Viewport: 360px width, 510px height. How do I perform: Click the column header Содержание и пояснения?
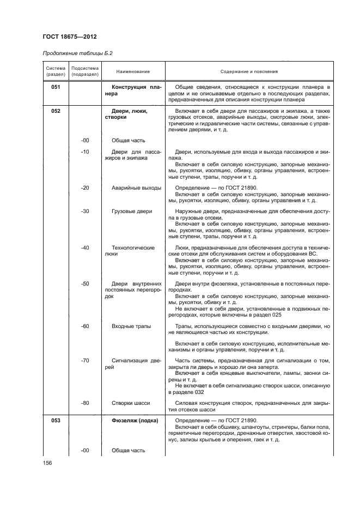coord(249,71)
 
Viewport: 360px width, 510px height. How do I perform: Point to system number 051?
coord(56,87)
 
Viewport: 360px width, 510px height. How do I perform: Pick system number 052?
coord(56,111)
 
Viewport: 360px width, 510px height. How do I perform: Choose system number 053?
coord(56,420)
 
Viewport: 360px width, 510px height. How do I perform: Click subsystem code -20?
coord(84,188)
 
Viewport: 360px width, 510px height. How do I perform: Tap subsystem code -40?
coord(84,248)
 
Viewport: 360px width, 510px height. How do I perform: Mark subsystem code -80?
coord(84,403)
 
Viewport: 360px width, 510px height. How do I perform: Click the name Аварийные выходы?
coord(136,188)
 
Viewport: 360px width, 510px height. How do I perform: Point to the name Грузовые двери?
coord(132,211)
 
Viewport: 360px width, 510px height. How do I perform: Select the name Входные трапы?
coord(131,326)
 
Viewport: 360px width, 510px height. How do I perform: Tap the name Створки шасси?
coord(131,403)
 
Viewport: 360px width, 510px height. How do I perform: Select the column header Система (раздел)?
coord(56,71)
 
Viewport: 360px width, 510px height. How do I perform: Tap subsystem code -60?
coord(84,326)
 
